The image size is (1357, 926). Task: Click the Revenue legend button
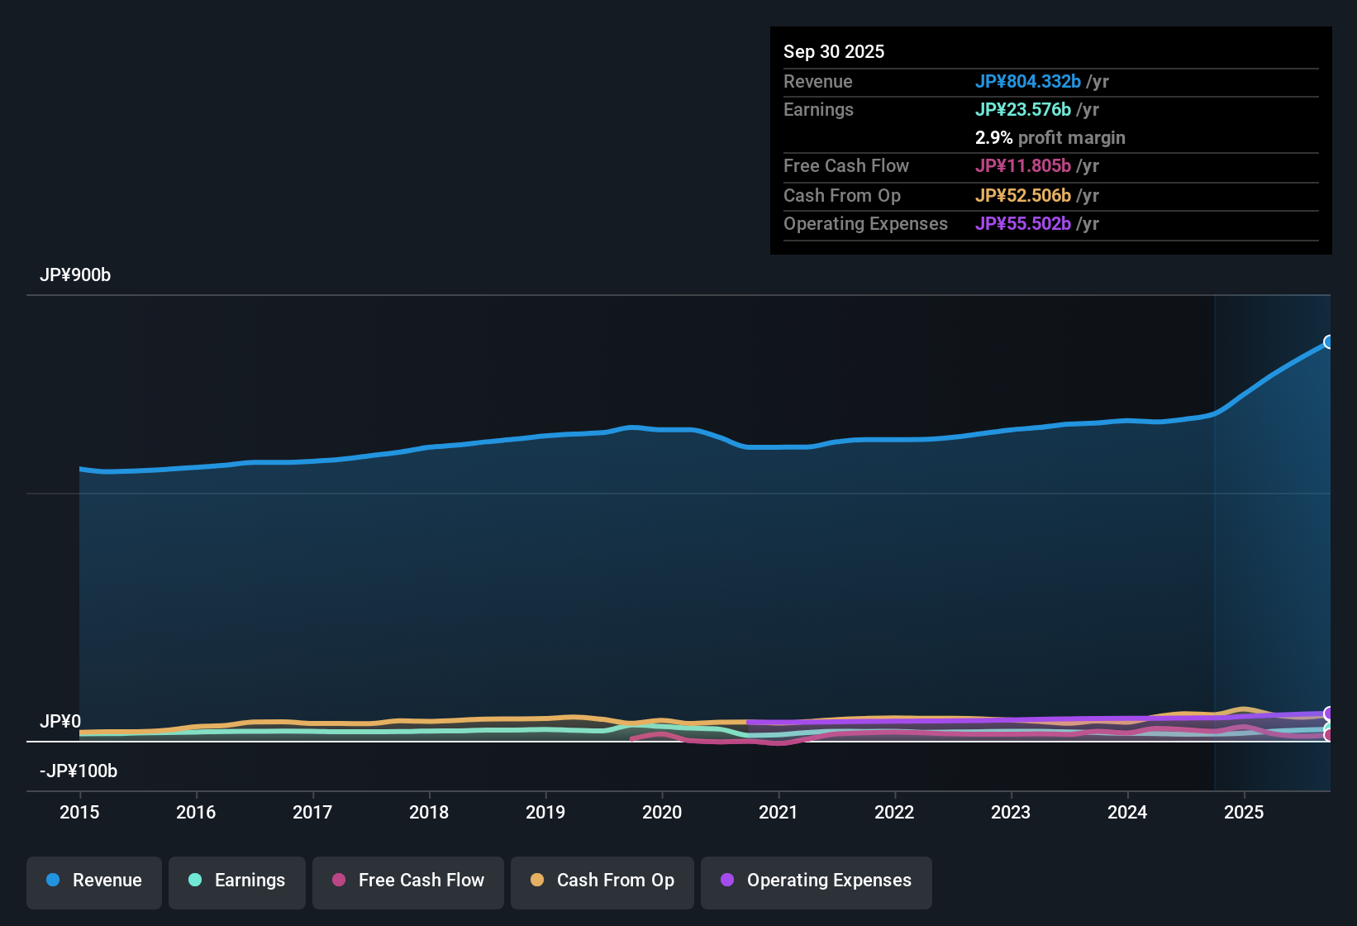94,881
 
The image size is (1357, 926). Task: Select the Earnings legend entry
237,881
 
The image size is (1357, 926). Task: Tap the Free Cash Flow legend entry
408,881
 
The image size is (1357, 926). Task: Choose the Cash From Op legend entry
602,881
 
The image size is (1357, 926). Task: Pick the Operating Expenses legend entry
817,881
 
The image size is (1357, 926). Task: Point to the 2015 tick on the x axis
79,812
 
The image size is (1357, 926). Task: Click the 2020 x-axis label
662,812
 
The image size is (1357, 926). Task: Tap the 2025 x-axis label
1244,812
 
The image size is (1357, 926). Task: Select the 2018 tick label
429,812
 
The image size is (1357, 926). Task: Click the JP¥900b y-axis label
75,275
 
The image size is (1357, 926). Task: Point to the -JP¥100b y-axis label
79,771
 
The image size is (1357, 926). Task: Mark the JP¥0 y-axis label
60,722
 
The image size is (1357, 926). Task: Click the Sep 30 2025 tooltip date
834,51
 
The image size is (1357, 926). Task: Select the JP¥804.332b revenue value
1027,81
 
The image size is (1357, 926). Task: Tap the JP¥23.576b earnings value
1022,109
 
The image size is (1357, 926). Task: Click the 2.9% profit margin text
1050,137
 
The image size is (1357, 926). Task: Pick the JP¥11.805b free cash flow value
1022,165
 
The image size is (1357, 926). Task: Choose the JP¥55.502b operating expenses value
1022,223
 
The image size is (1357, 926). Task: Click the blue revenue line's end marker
1329,342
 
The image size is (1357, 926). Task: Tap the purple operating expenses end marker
1329,713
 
